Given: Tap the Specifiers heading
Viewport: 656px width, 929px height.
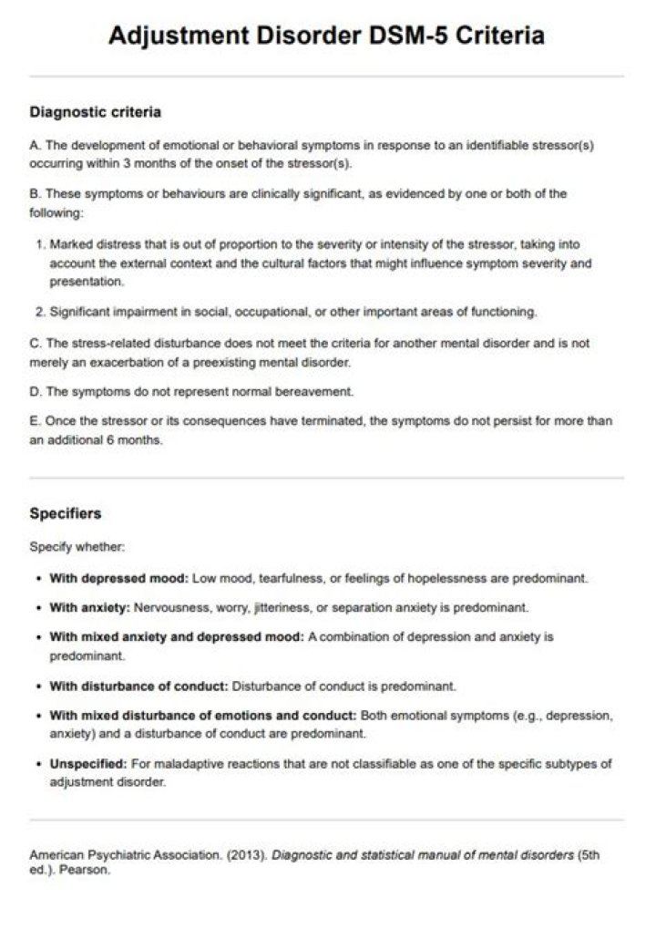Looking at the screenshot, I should (x=65, y=513).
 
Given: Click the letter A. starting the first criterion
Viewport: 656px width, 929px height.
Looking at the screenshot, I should (x=36, y=146).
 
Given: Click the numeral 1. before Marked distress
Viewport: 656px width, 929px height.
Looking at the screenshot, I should (x=41, y=245).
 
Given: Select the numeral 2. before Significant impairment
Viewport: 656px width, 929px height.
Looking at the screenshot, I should (x=41, y=312).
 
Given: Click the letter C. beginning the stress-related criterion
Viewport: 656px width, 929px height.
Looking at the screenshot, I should (x=36, y=345).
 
